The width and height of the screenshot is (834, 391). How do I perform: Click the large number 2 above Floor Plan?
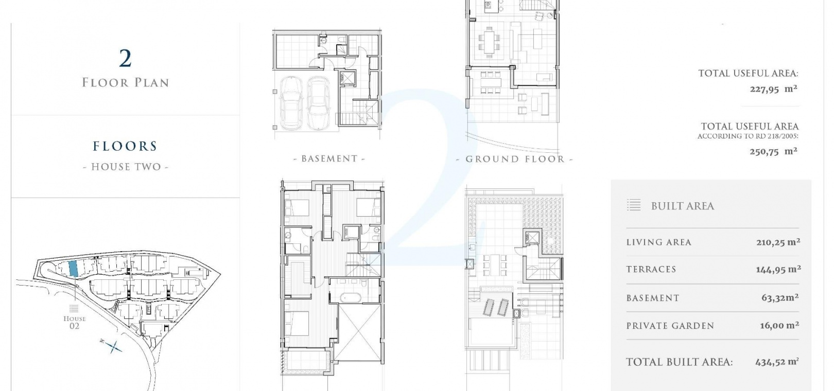coord(126,59)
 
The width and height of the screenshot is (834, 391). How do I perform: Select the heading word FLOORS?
coord(125,146)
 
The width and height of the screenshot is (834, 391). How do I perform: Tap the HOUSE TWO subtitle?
coord(126,167)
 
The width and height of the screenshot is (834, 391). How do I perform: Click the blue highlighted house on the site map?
coord(73,268)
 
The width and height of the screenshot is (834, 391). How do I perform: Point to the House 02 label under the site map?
coord(75,322)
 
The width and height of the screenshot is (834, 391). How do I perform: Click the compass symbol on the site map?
coord(111,346)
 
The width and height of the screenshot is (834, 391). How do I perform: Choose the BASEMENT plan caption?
coord(329,159)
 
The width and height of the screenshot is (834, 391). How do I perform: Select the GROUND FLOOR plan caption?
coord(515,159)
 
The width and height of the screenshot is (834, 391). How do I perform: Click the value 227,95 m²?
coord(773,90)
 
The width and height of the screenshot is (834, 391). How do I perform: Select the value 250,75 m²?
coord(773,151)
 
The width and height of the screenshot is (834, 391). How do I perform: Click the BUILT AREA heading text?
coord(683,206)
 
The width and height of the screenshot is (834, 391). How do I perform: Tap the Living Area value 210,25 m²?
coord(778,242)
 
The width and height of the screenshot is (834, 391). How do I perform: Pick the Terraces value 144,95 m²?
coord(778,270)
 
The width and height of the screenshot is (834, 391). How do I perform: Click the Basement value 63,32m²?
coord(780,297)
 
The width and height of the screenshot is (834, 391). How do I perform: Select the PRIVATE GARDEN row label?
coord(670,326)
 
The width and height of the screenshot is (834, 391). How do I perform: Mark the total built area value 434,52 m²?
coord(777,362)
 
